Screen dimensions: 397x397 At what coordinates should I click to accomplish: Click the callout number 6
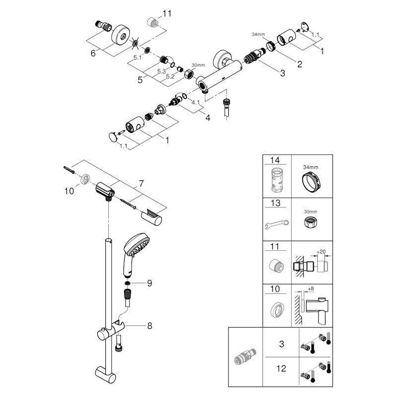pos(93,53)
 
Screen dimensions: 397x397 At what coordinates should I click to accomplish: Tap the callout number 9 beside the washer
pos(148,283)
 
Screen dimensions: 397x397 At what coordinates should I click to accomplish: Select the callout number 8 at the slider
pos(149,326)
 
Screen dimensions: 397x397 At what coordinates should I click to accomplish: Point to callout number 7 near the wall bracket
pos(141,184)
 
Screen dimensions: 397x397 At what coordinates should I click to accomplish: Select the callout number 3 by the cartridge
pos(282,73)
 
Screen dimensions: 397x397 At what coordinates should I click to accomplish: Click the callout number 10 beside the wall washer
pos(69,191)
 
